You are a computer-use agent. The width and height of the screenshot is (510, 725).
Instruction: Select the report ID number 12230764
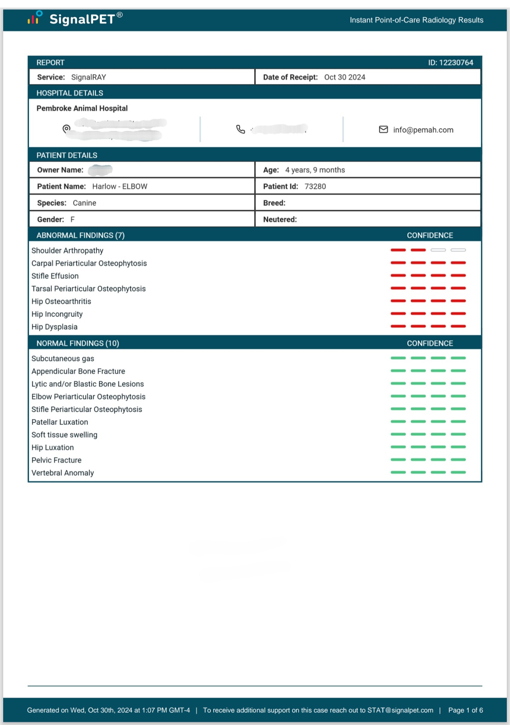point(456,63)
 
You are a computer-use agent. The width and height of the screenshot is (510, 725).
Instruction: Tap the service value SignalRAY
point(89,77)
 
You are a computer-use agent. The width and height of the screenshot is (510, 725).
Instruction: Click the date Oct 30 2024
point(345,77)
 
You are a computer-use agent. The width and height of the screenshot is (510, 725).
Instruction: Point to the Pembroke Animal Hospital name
point(82,108)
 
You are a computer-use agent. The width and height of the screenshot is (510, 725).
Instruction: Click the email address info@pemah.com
point(423,130)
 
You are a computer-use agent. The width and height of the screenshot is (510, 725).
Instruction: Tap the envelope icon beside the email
point(383,130)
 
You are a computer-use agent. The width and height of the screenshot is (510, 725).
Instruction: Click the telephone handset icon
point(240,130)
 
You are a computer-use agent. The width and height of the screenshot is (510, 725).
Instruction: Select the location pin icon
point(66,129)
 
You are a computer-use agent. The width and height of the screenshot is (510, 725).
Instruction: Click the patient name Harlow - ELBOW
point(120,187)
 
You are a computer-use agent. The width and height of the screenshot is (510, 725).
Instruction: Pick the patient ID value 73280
point(315,187)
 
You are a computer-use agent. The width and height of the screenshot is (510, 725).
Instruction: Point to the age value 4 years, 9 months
point(315,170)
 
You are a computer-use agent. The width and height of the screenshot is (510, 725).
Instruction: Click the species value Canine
point(84,203)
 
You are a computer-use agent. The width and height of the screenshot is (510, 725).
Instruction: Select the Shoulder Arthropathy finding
point(67,251)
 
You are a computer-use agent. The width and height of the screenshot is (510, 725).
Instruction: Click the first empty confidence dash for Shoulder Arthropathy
point(438,250)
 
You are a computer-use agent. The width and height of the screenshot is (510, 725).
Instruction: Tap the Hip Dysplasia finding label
point(55,327)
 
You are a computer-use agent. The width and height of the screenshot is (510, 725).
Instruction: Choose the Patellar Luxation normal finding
point(60,422)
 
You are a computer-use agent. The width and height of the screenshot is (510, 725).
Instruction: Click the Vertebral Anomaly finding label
point(63,473)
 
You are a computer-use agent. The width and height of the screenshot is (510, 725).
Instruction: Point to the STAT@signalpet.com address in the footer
point(400,710)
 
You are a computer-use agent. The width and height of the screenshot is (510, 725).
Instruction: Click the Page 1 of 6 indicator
point(465,710)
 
